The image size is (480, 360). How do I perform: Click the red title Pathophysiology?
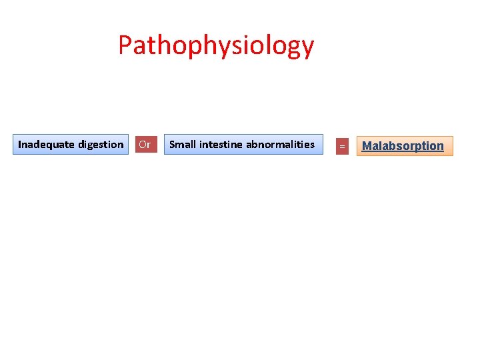point(215,46)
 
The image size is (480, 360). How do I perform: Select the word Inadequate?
point(47,144)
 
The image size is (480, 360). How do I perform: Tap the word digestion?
point(101,145)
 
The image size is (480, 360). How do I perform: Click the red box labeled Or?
point(145,144)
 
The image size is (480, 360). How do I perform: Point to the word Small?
point(183,144)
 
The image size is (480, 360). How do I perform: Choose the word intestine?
point(221,144)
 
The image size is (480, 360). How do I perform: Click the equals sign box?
point(342,145)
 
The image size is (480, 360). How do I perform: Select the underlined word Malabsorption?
point(403,146)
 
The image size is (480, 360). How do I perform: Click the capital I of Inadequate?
point(19,144)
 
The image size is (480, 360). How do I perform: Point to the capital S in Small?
point(172,144)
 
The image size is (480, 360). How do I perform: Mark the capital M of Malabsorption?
point(367,146)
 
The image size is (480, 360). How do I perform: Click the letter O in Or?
point(142,144)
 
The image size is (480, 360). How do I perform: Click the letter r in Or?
point(149,145)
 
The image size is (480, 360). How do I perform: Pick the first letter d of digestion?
point(81,144)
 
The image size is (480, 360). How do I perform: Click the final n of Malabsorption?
point(440,147)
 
